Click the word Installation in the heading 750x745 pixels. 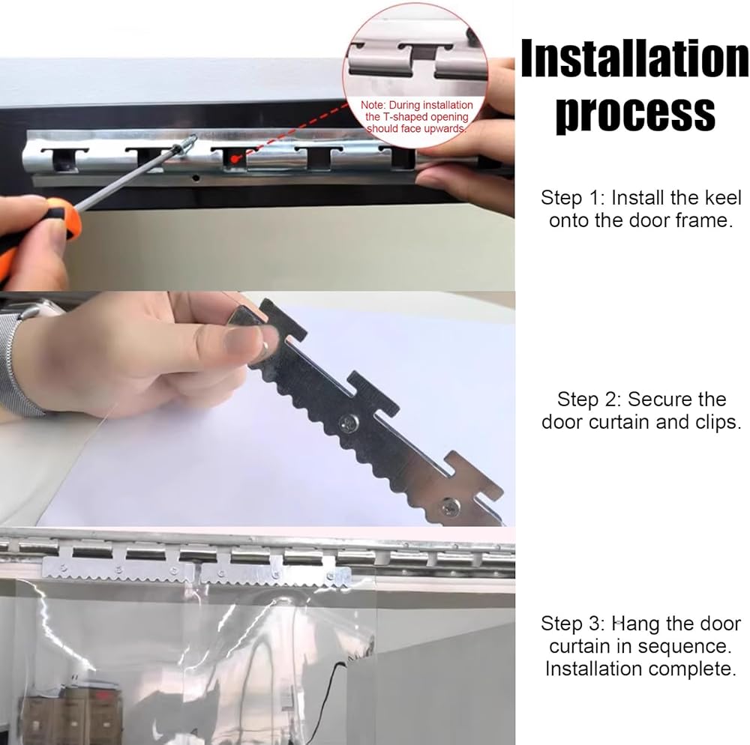[x=635, y=58]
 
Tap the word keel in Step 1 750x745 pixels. [x=723, y=197]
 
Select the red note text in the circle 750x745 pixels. [x=416, y=117]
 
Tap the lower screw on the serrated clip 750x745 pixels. [x=450, y=506]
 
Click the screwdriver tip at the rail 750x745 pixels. [x=193, y=139]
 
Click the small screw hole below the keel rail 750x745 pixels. [x=195, y=178]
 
